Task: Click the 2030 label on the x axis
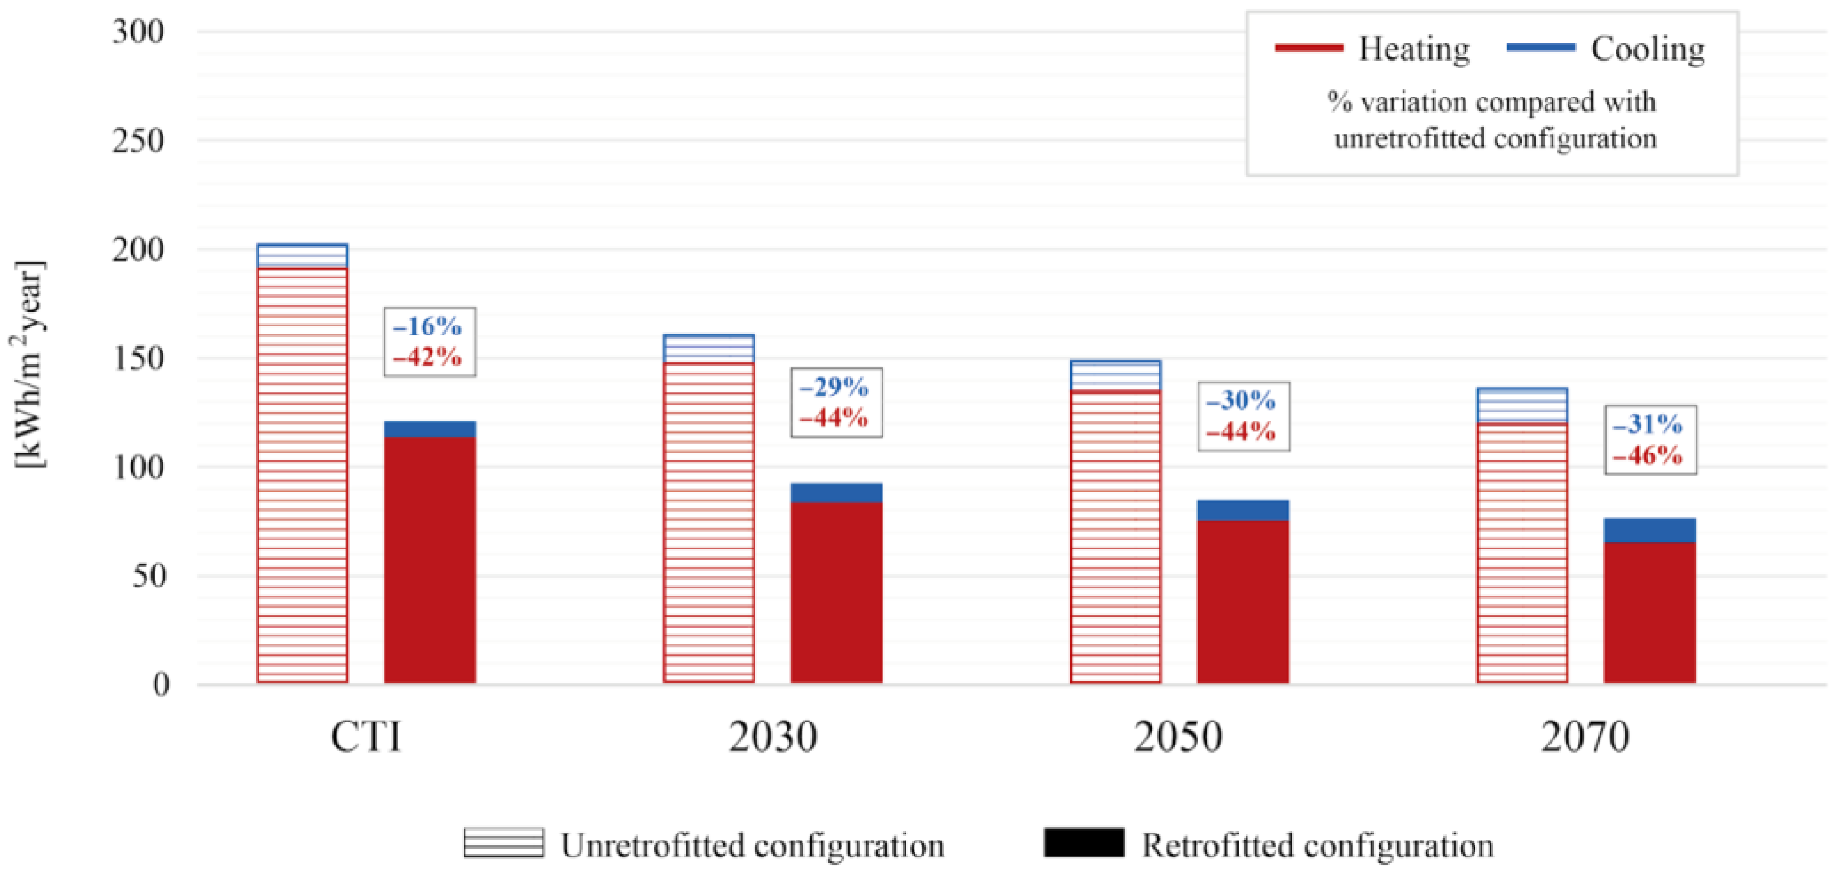[x=773, y=736]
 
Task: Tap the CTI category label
[x=366, y=736]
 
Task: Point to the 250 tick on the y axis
[x=138, y=140]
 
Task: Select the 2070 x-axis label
[x=1585, y=736]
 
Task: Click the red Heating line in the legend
[x=1308, y=48]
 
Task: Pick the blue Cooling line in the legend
[x=1540, y=48]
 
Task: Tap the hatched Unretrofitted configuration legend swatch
[x=503, y=843]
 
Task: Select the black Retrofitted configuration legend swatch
[x=1083, y=843]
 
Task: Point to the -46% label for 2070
[x=1648, y=455]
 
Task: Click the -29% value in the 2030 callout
[x=834, y=388]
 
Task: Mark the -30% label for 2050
[x=1241, y=400]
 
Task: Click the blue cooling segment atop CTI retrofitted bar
[x=429, y=430]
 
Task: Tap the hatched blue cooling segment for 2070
[x=1523, y=406]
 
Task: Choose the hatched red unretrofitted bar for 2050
[x=1115, y=537]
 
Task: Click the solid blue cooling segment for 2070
[x=1650, y=530]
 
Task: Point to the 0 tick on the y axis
[x=161, y=684]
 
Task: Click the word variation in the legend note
[x=1403, y=103]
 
